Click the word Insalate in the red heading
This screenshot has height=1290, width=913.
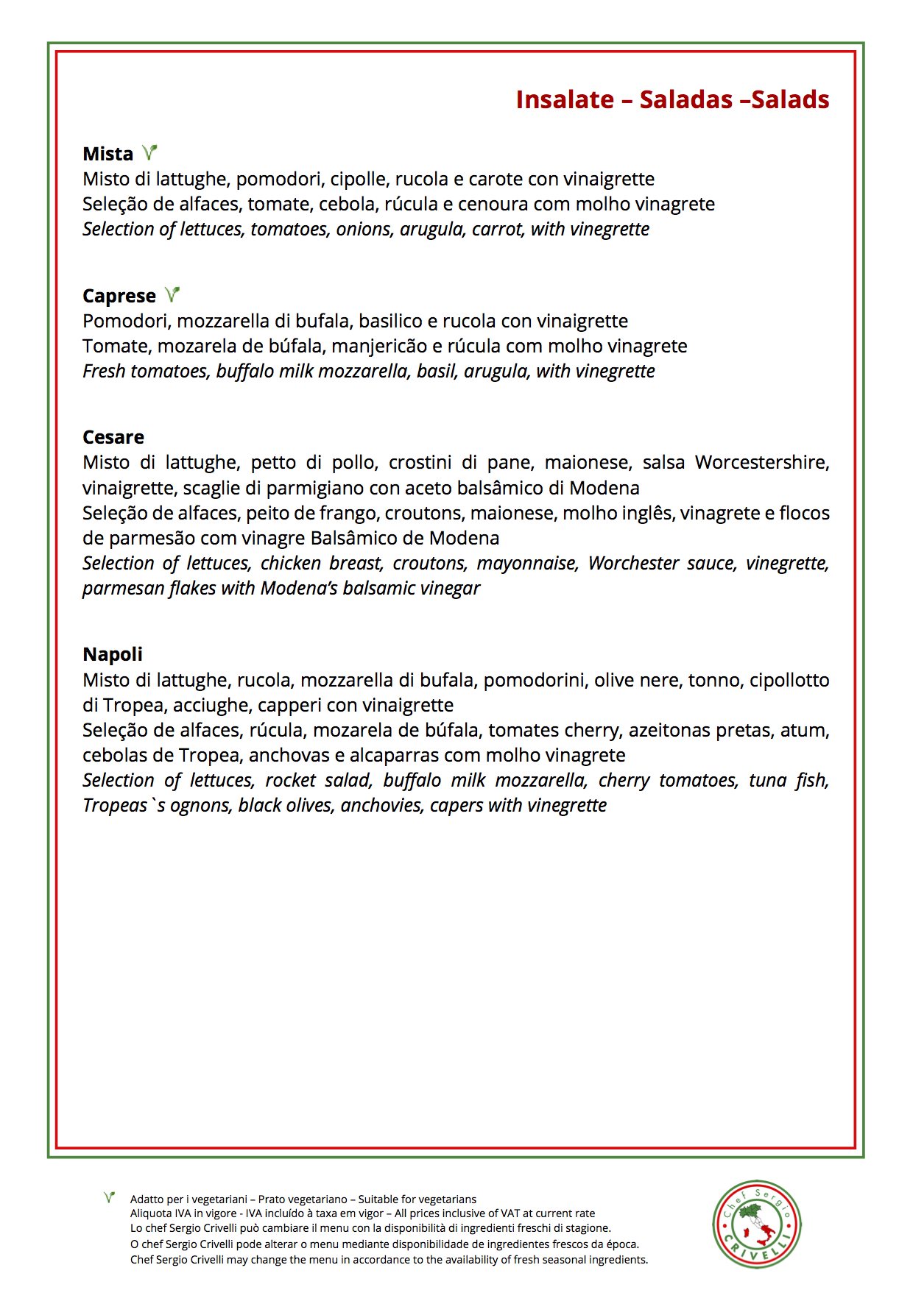(x=565, y=99)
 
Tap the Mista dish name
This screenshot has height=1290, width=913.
(x=107, y=154)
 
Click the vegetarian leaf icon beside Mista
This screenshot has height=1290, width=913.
(x=149, y=152)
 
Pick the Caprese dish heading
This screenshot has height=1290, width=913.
(x=119, y=296)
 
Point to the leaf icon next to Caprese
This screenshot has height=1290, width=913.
(x=172, y=294)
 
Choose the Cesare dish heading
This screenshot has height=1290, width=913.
(x=113, y=437)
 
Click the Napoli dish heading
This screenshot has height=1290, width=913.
(x=113, y=654)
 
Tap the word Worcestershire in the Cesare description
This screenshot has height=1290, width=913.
(x=761, y=462)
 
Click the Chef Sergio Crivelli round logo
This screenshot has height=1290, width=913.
(x=756, y=1225)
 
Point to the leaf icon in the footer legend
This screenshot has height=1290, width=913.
(x=109, y=1198)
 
